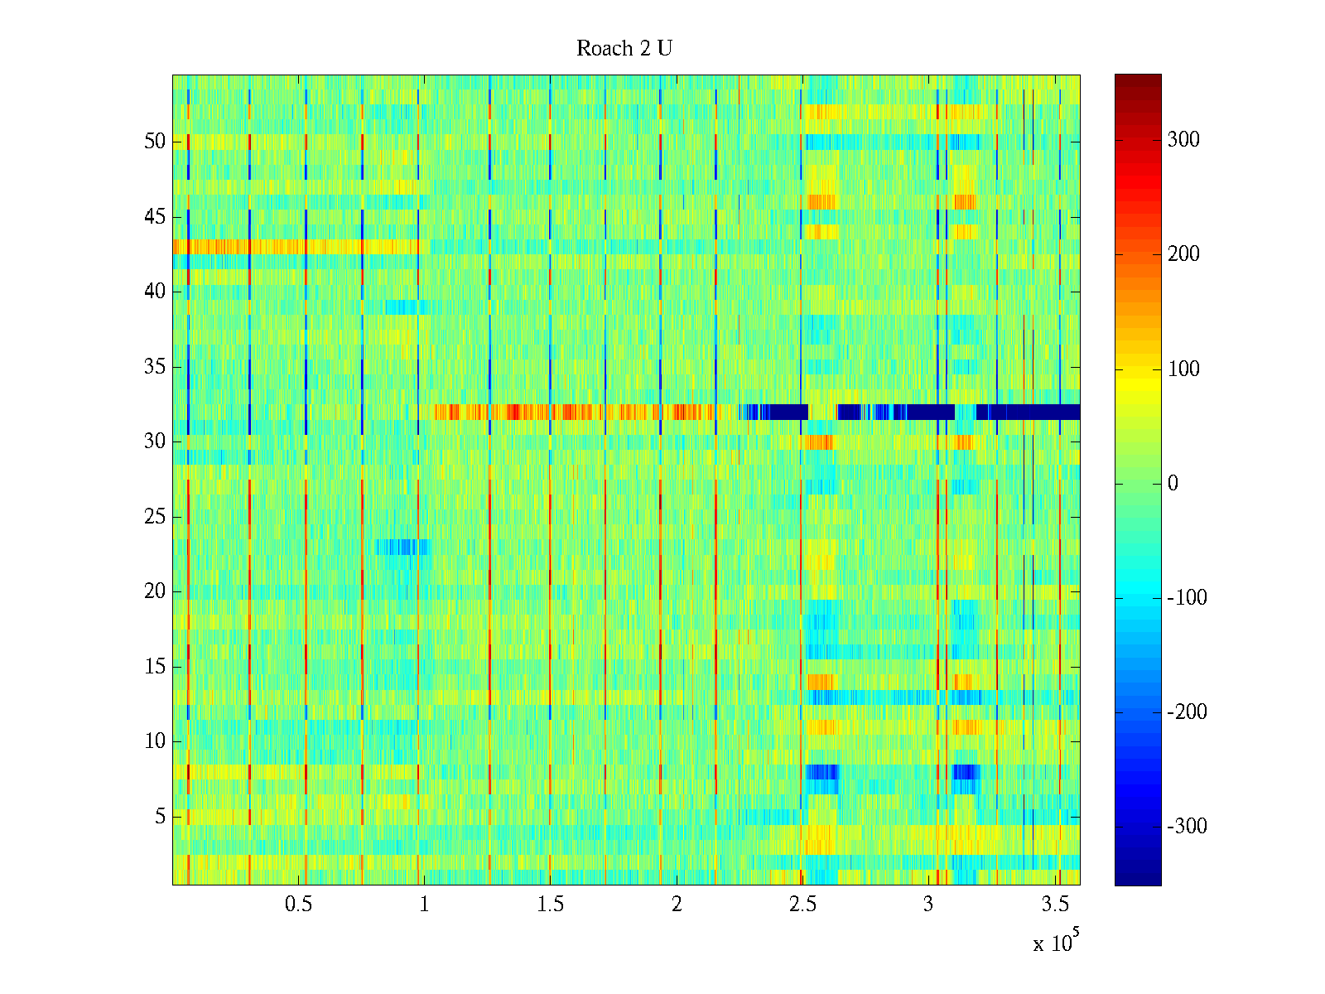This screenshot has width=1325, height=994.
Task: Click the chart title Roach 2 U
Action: [x=624, y=49]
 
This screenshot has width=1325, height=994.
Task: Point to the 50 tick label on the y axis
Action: [x=155, y=142]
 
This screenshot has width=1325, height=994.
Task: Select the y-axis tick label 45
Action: [x=155, y=217]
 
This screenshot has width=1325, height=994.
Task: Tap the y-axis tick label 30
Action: [x=155, y=442]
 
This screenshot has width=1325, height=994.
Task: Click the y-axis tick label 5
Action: [x=160, y=817]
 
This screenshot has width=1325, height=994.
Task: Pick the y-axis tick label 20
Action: [x=155, y=591]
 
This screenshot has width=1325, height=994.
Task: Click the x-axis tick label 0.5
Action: [x=298, y=905]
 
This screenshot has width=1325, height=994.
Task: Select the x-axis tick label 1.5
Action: [x=550, y=905]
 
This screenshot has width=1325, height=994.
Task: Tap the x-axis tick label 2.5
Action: [x=802, y=905]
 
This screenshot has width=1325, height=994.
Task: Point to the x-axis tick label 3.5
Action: [x=1054, y=905]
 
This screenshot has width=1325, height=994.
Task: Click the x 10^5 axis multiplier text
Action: [x=1056, y=942]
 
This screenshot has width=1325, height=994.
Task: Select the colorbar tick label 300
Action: [x=1183, y=140]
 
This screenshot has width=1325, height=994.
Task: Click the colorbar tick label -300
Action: [x=1187, y=827]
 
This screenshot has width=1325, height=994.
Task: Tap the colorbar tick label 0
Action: [x=1173, y=484]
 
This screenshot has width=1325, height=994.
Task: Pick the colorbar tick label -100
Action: [x=1187, y=598]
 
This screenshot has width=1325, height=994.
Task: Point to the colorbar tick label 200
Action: [x=1183, y=254]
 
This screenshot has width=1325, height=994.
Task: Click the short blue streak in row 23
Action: [x=402, y=547]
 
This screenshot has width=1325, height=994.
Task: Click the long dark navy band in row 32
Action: [x=1027, y=412]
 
